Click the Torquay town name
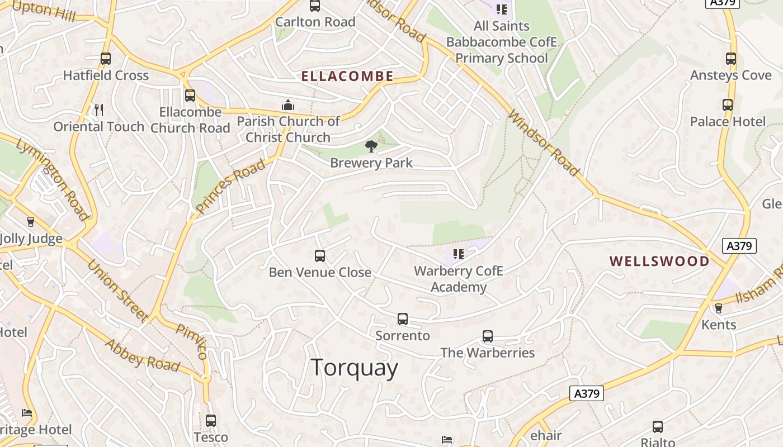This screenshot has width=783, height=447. pos(354,368)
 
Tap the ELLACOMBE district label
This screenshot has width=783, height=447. pos(347,77)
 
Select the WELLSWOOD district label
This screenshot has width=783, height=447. pos(659,261)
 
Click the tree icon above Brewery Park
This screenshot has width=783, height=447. pos(371,146)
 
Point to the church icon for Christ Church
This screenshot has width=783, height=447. pos(288,105)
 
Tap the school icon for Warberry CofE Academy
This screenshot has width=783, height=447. pos(459,255)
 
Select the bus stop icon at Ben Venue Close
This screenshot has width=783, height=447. pos(320,256)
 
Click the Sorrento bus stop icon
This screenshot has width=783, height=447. pos(403,319)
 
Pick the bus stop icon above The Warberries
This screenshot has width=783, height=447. pos(488,336)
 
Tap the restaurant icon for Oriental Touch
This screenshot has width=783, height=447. pos(99,110)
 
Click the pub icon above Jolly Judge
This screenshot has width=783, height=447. pos(31,222)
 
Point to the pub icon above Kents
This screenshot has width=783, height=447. pos(719,308)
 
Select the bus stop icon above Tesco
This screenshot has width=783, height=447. pos(211,421)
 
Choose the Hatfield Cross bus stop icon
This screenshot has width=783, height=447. pos(106,58)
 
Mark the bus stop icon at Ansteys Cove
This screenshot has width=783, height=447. pos(730,58)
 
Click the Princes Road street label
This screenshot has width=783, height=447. pos(230,187)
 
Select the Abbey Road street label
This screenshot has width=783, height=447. pos(142,355)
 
